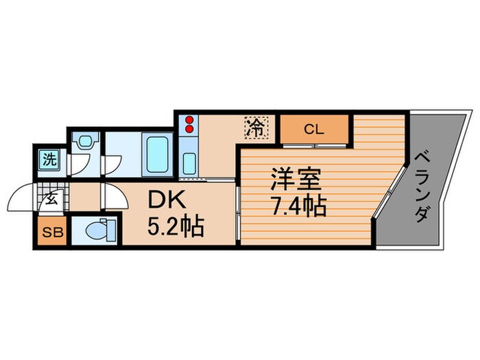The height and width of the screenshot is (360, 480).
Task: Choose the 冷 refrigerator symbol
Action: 256,126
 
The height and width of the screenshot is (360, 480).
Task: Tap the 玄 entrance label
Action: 52,200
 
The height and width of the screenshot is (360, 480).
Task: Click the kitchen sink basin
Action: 189,163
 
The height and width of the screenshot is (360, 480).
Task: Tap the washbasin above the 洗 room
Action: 85,142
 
